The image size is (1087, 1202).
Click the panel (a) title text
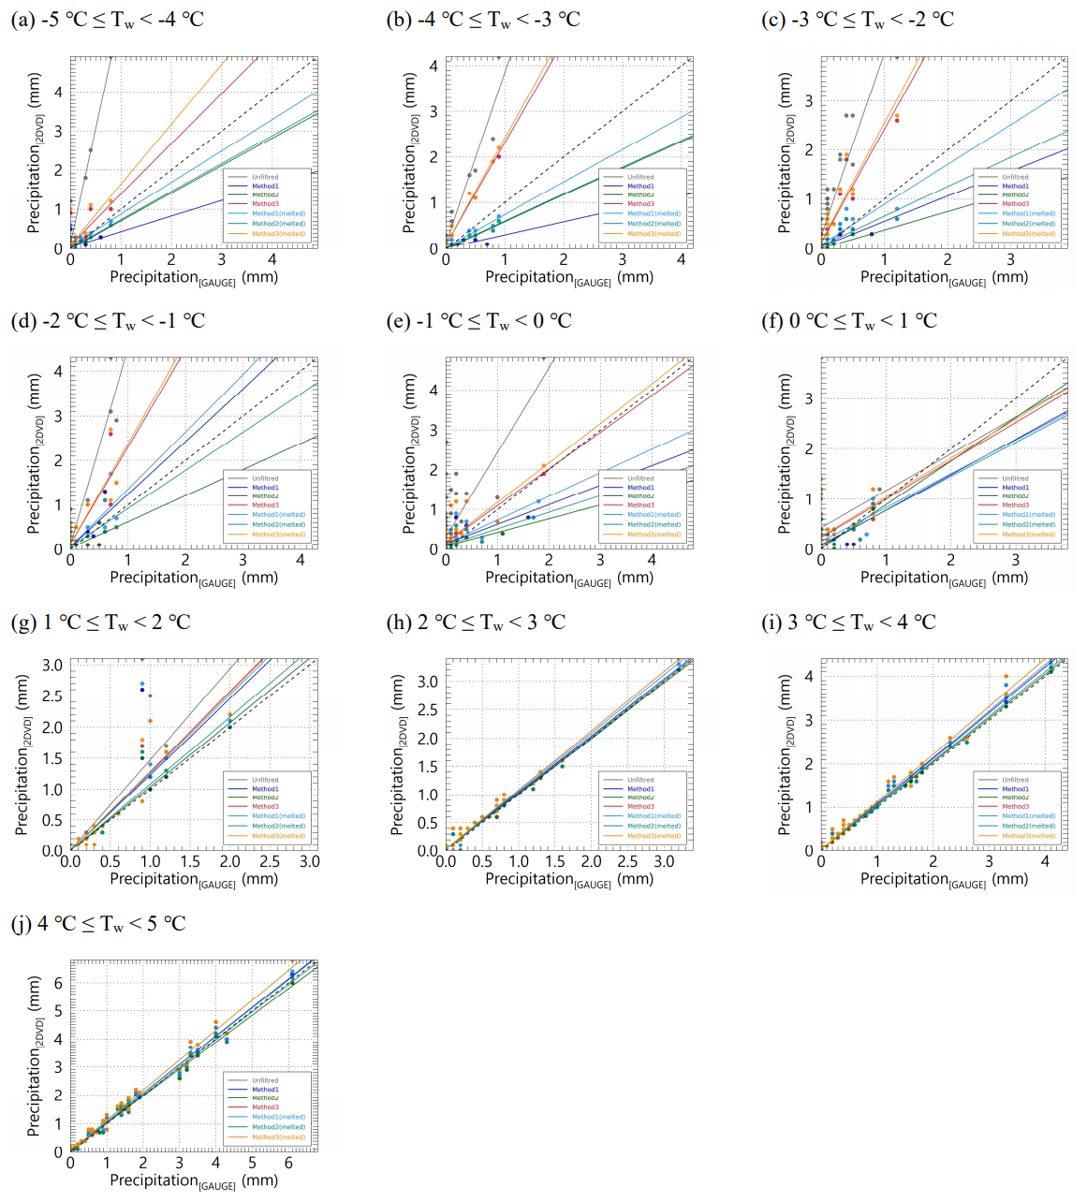click(x=107, y=20)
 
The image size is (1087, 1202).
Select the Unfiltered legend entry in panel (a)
click(x=265, y=177)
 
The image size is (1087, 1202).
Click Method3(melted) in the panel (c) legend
click(x=1028, y=234)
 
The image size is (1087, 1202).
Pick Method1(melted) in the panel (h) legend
click(x=654, y=816)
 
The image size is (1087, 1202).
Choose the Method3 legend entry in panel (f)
click(x=1015, y=505)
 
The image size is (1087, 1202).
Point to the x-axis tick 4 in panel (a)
click(x=272, y=259)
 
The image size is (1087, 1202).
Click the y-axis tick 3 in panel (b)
click(x=434, y=111)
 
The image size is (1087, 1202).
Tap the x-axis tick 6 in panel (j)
click(x=288, y=1163)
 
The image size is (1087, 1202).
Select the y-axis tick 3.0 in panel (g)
click(x=52, y=666)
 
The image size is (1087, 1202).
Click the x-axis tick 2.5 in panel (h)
click(x=627, y=861)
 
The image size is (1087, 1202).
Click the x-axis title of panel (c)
click(x=944, y=277)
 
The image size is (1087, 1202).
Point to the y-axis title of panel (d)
click(x=35, y=454)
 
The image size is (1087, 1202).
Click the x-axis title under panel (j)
click(x=194, y=1180)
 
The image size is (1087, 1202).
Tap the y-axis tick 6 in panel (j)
click(x=58, y=983)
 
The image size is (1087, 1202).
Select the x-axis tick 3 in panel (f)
click(x=1015, y=560)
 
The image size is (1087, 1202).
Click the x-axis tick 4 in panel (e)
click(x=652, y=560)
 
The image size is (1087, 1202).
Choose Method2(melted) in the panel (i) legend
click(x=1028, y=826)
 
